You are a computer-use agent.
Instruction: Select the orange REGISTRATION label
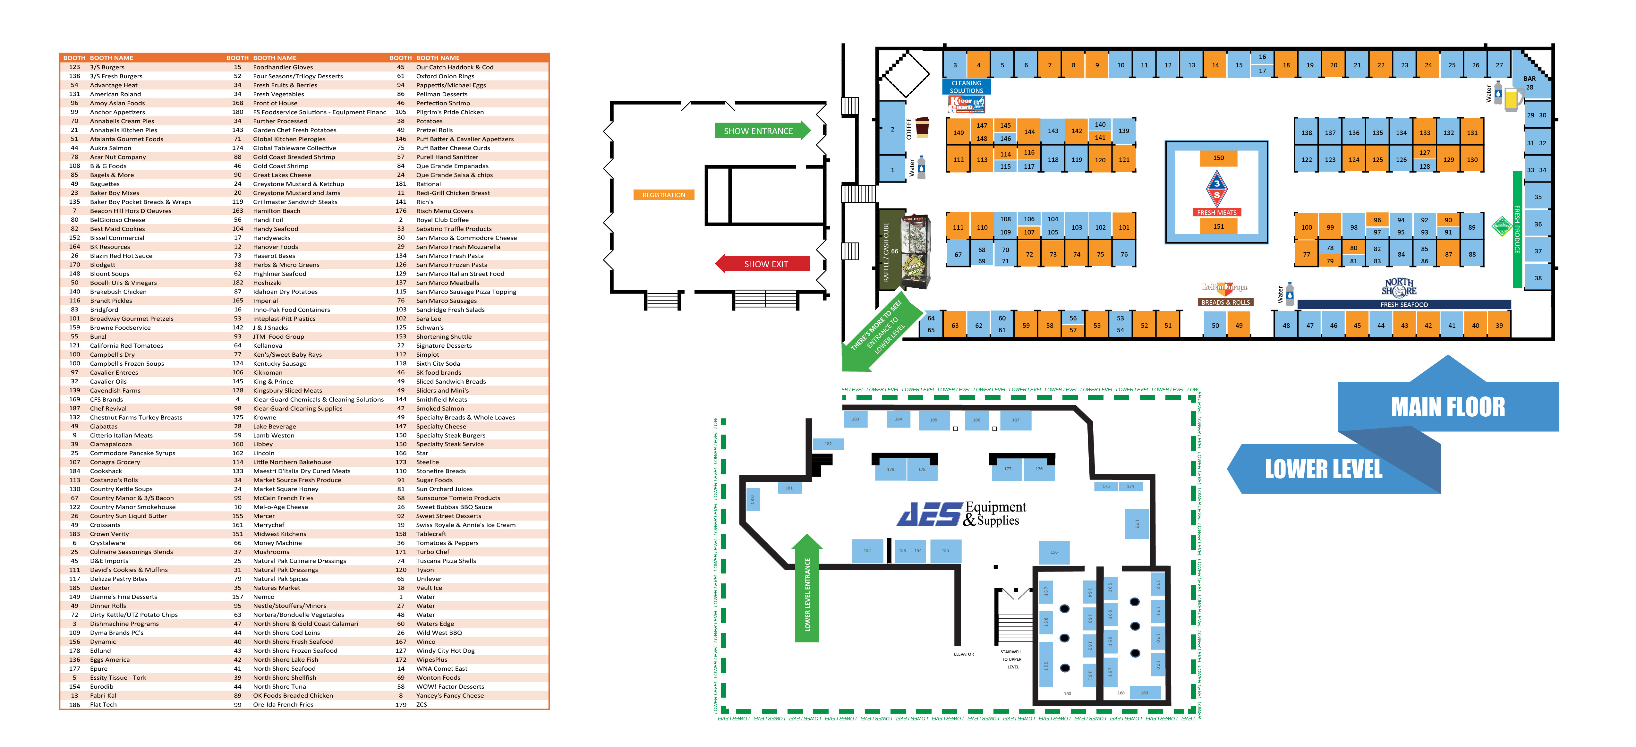pyautogui.click(x=664, y=195)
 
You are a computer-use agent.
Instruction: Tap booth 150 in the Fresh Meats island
pyautogui.click(x=1218, y=157)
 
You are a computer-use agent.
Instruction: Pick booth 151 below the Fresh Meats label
pyautogui.click(x=1218, y=226)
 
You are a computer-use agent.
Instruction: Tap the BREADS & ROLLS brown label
pyautogui.click(x=1225, y=302)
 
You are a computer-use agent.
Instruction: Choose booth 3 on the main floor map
pyautogui.click(x=955, y=65)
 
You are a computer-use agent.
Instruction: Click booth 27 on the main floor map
pyautogui.click(x=1499, y=65)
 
